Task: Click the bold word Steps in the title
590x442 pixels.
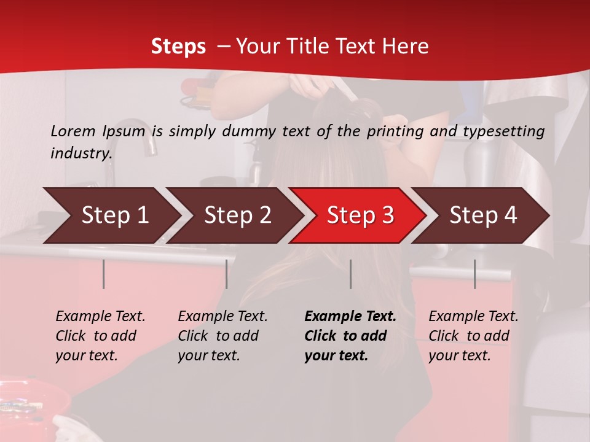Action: tap(178, 46)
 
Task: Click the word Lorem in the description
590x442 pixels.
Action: tap(73, 131)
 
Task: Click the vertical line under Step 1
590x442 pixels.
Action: tap(104, 274)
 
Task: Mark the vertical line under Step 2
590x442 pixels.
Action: tap(227, 274)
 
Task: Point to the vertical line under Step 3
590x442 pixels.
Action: tap(350, 274)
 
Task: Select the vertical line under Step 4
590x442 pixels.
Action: tap(474, 274)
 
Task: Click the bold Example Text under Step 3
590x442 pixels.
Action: tap(350, 317)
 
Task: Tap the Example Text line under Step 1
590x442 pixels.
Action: tap(100, 317)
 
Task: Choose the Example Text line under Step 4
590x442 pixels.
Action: tap(473, 317)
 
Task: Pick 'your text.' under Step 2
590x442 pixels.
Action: tap(209, 355)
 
